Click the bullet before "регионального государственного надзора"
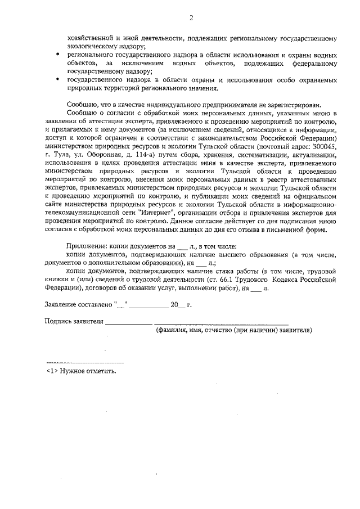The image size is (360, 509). [60, 56]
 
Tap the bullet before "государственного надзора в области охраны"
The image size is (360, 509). [60, 80]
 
